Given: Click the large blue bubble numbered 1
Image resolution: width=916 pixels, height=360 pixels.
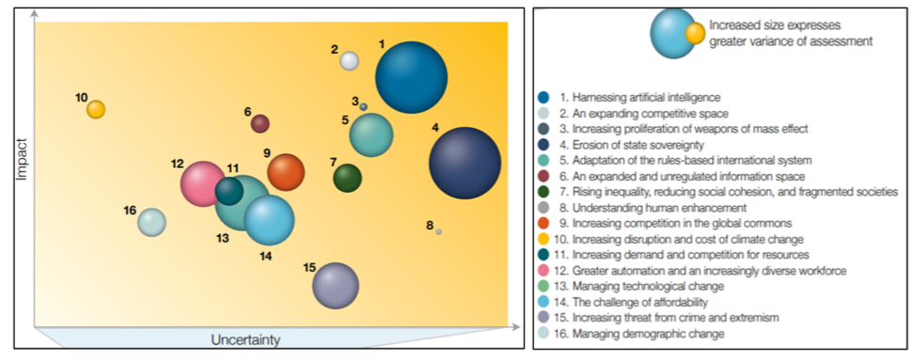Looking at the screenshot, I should (x=411, y=77).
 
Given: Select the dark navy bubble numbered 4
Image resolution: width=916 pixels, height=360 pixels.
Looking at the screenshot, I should (x=465, y=163).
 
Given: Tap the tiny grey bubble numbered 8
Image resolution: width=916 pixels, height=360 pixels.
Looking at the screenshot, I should (x=438, y=231).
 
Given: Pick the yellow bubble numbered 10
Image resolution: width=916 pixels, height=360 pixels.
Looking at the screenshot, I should (x=96, y=109).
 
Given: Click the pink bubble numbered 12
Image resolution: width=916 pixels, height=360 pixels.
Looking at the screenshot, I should (x=202, y=183).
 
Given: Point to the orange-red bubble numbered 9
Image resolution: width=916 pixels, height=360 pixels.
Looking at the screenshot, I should (x=286, y=172).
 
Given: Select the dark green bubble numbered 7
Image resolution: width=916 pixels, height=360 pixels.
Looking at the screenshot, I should (x=347, y=177).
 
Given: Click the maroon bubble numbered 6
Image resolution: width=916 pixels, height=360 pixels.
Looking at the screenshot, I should (x=261, y=123).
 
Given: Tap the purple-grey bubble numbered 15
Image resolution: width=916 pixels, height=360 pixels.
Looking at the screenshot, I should (x=335, y=286).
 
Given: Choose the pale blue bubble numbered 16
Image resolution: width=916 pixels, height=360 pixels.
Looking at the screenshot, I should (x=151, y=223).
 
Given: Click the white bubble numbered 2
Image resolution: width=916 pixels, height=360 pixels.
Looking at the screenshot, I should (x=349, y=61).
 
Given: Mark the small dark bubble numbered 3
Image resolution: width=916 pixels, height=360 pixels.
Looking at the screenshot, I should (x=363, y=106).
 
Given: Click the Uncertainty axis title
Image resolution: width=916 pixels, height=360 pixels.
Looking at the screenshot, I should (x=245, y=339).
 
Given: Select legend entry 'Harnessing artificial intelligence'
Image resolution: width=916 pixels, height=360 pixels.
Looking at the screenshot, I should (x=640, y=97).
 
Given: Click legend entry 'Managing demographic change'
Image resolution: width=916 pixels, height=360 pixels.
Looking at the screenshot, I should (x=636, y=334).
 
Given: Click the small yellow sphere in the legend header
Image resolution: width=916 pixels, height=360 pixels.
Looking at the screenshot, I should (x=695, y=35).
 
